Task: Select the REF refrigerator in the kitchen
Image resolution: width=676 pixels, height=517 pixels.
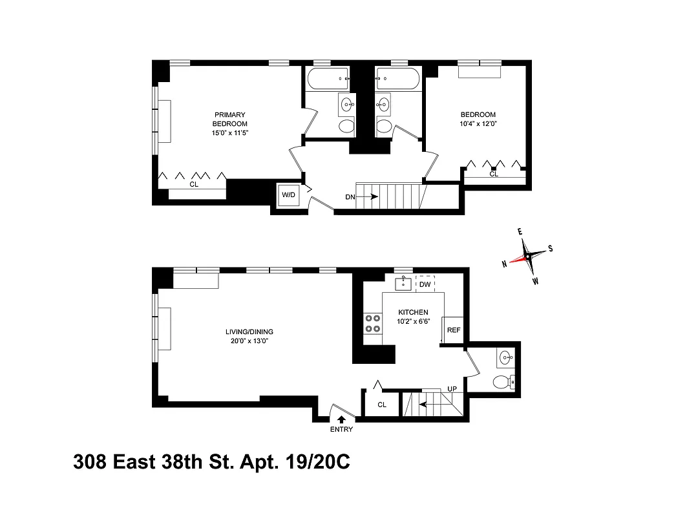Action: click(x=454, y=330)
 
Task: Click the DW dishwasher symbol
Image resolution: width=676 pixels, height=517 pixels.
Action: click(x=425, y=284)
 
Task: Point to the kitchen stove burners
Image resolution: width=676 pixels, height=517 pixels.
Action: click(x=372, y=322)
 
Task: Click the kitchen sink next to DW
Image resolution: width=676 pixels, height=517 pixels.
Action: click(x=404, y=283)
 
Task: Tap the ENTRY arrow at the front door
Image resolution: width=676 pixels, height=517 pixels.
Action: click(x=341, y=419)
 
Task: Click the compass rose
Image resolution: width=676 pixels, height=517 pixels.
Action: click(x=528, y=256)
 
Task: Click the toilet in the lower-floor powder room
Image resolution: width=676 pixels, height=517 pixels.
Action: click(x=503, y=382)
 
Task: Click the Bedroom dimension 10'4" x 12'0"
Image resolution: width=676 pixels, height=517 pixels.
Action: click(x=479, y=123)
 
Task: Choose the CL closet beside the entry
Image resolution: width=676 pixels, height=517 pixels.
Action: click(x=381, y=405)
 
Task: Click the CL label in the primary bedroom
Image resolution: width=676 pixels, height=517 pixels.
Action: click(x=193, y=184)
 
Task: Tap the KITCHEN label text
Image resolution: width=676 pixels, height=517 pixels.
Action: click(x=413, y=312)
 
